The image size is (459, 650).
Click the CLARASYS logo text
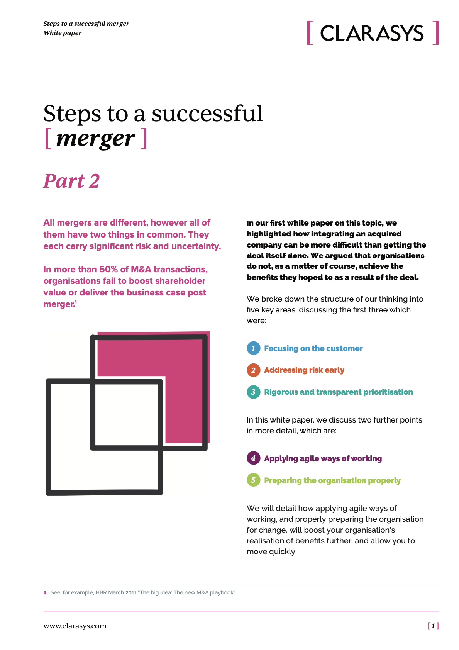click(x=372, y=33)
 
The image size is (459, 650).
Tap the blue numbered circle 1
click(x=253, y=348)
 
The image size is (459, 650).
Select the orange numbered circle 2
click(x=253, y=370)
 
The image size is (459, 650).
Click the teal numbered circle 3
click(x=253, y=392)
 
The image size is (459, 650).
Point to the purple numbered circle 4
click(x=253, y=458)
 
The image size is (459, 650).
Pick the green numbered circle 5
click(x=253, y=480)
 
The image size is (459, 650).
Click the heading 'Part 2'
click(x=71, y=181)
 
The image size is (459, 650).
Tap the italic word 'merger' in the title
click(x=95, y=139)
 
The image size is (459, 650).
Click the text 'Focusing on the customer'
click(x=313, y=348)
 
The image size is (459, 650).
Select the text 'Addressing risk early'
click(x=304, y=370)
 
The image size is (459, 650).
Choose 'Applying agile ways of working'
click(x=323, y=458)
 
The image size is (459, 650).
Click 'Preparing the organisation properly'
click(x=332, y=480)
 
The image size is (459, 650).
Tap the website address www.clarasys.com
click(x=75, y=626)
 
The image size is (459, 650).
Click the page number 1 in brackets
click(x=433, y=626)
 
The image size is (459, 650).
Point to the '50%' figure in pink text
click(x=108, y=269)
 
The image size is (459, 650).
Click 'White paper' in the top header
click(x=63, y=33)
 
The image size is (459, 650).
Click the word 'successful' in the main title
click(x=207, y=114)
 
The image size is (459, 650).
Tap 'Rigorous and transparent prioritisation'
click(x=338, y=392)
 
